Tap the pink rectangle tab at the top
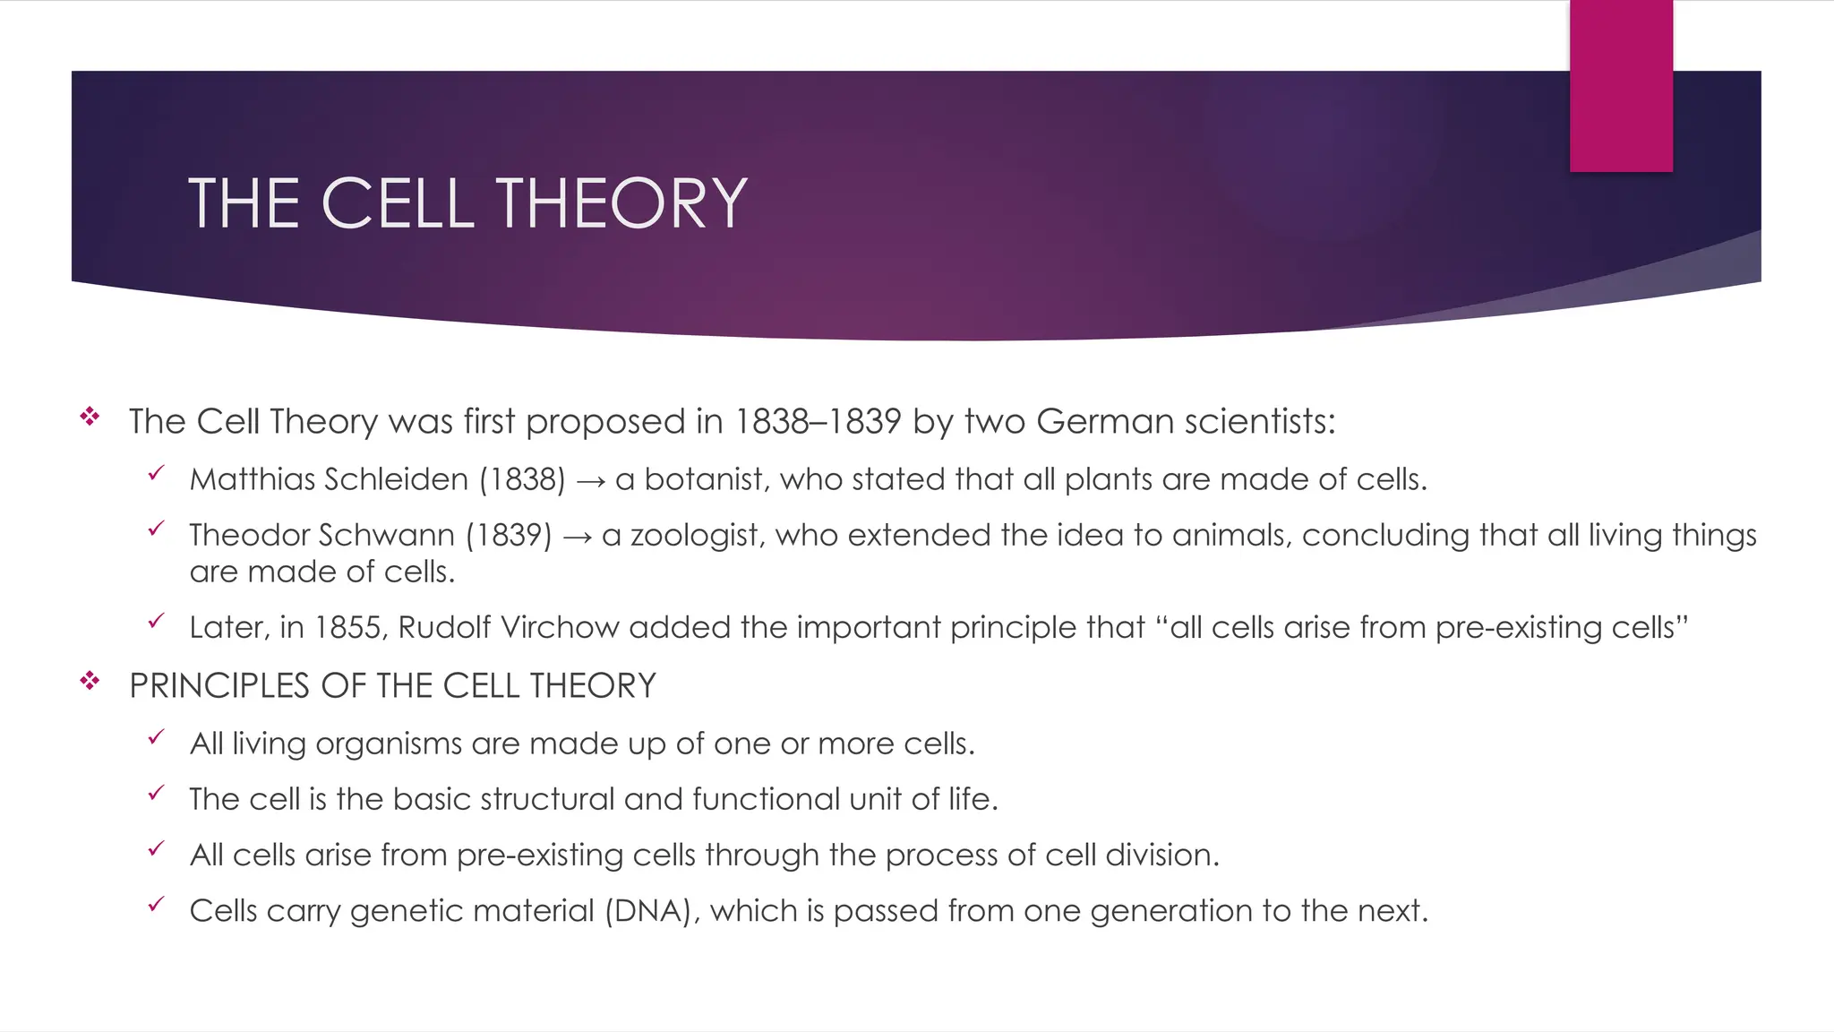(x=1621, y=86)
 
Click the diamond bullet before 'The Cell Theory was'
(x=90, y=416)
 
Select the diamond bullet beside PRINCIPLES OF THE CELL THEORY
(x=90, y=682)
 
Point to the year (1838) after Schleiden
(x=522, y=479)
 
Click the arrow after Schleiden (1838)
(x=590, y=482)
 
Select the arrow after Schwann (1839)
(x=578, y=537)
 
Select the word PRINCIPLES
(x=220, y=686)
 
